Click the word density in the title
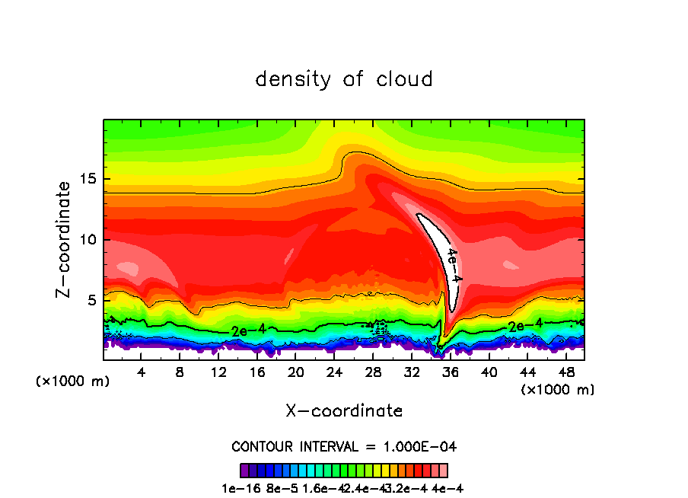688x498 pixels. pos(298,78)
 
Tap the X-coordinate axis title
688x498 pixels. pos(344,410)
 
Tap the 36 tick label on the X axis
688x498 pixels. pos(451,372)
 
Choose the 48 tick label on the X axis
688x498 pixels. pos(566,372)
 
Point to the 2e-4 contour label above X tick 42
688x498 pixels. pos(526,326)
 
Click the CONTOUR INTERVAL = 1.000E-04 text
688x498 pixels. pos(344,446)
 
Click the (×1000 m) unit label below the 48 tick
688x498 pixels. pos(558,389)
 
